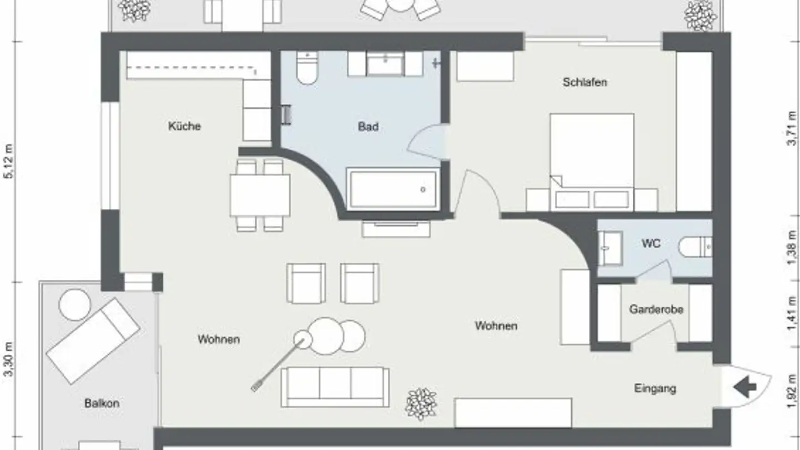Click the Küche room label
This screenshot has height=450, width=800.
pos(184,126)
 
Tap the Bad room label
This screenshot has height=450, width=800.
pos(368,127)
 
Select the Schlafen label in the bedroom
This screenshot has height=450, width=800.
pos(584,82)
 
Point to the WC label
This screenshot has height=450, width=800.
pos(651,243)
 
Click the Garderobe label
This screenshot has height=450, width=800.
pos(656,309)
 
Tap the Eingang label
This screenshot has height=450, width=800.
pos(655,388)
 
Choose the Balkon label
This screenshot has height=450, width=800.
pos(102,403)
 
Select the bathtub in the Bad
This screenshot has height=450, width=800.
pos(393,189)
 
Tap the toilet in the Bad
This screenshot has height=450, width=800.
pos(306,68)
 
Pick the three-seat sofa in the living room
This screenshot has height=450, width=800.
pos(335,386)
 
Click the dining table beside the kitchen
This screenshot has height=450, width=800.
pos(260,195)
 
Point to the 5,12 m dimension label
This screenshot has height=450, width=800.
pos(8,161)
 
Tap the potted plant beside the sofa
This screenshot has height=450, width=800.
pos(421,404)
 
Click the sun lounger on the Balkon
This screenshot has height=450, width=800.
pos(93,340)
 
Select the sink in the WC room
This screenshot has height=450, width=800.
pos(611,248)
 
